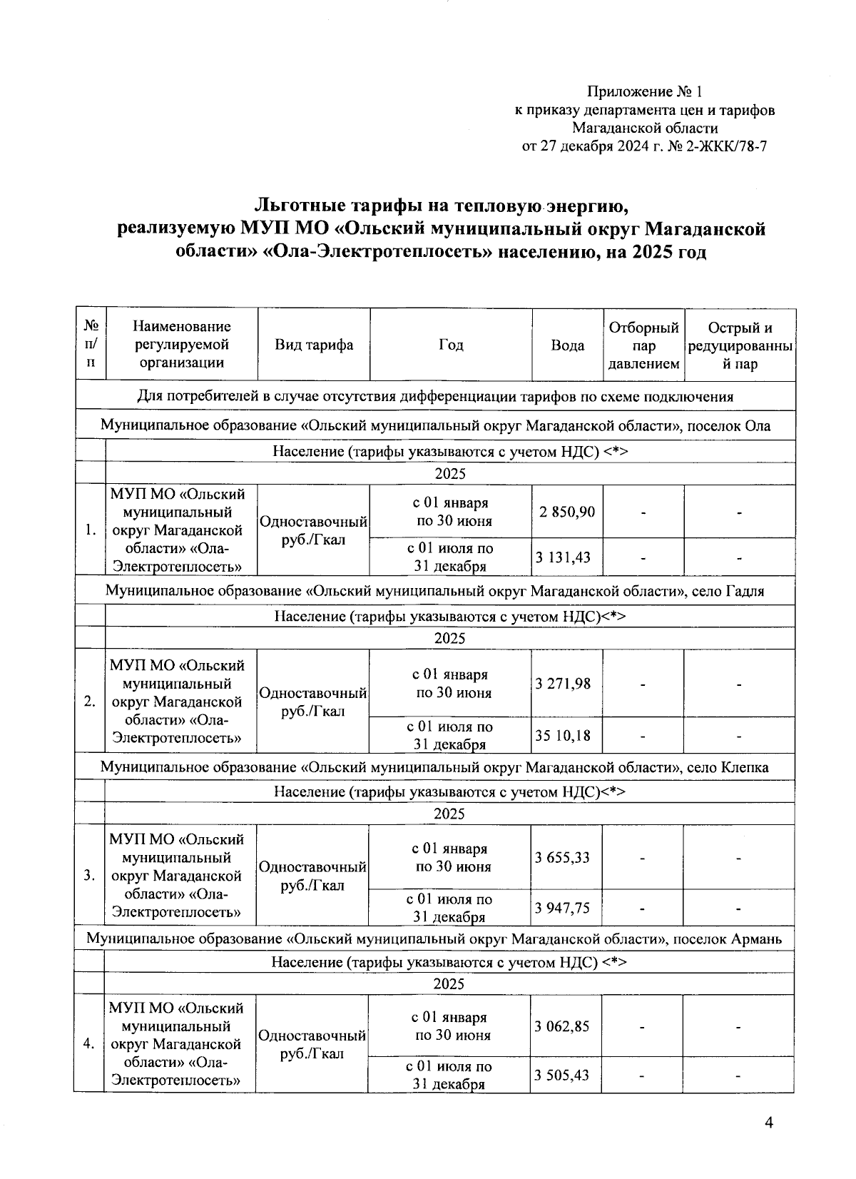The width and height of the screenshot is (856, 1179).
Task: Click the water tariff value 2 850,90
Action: pyautogui.click(x=568, y=512)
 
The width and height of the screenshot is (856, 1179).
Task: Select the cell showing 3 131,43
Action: pyautogui.click(x=564, y=557)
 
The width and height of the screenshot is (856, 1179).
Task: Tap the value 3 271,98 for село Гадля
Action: pyautogui.click(x=564, y=684)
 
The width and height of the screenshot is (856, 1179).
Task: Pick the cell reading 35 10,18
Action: pyautogui.click(x=564, y=734)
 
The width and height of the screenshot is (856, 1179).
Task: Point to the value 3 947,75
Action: pyautogui.click(x=563, y=908)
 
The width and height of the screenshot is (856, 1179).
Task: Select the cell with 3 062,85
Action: pyautogui.click(x=563, y=1026)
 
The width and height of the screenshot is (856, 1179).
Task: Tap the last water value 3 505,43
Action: pyautogui.click(x=563, y=1075)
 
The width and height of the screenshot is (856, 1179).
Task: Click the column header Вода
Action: pyautogui.click(x=568, y=345)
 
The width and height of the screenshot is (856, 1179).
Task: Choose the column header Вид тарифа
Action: pyautogui.click(x=315, y=345)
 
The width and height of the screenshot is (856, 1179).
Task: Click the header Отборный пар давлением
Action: pyautogui.click(x=644, y=345)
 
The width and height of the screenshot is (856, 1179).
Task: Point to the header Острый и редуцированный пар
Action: pyautogui.click(x=740, y=345)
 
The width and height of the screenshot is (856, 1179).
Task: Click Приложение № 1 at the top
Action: pyautogui.click(x=645, y=91)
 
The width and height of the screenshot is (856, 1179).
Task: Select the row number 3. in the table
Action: pyautogui.click(x=90, y=876)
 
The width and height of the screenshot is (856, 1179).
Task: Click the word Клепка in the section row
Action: pyautogui.click(x=744, y=768)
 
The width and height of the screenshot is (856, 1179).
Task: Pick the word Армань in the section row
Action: pyautogui.click(x=756, y=939)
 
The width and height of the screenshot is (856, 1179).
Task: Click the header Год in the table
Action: pyautogui.click(x=451, y=345)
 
